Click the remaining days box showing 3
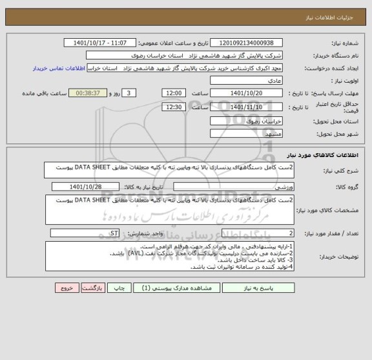[130, 94]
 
